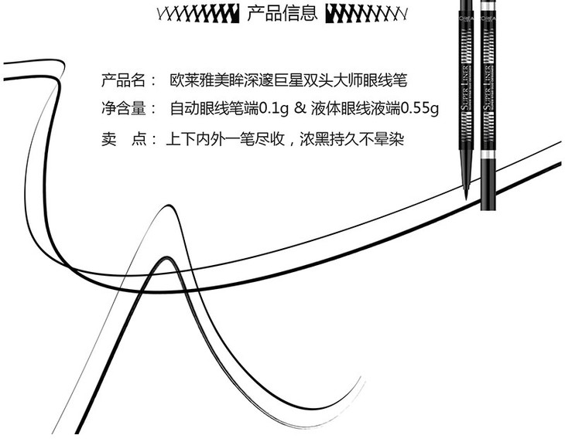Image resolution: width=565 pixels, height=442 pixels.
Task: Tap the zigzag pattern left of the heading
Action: (197, 14)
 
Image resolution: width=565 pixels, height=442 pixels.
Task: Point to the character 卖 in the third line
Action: (109, 140)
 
